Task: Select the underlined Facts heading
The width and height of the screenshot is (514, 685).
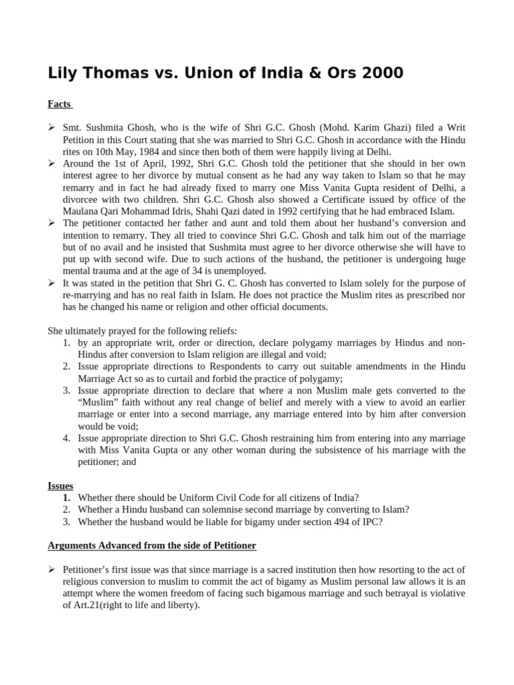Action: pyautogui.click(x=60, y=104)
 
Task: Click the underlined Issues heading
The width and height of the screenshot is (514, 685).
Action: pyautogui.click(x=60, y=486)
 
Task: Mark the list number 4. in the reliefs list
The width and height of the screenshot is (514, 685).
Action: pyautogui.click(x=67, y=438)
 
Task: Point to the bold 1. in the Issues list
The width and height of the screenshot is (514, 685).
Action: pyautogui.click(x=67, y=498)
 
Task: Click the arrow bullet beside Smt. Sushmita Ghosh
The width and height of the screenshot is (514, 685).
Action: pyautogui.click(x=52, y=127)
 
